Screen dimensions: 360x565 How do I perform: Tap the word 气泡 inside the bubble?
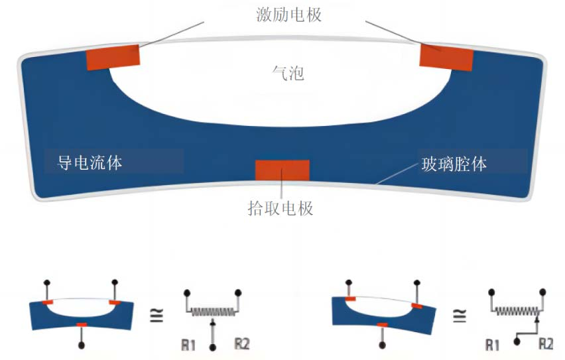tap(288, 73)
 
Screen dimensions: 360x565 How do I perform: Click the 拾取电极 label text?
tap(280, 208)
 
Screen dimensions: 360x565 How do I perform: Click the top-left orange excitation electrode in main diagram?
tap(113, 57)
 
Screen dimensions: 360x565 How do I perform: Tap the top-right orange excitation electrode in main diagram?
tap(446, 57)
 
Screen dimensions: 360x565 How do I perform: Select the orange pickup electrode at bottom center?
tap(282, 170)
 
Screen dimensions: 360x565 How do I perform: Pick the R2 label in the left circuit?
tap(242, 344)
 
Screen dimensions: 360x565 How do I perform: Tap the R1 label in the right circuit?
tap(492, 345)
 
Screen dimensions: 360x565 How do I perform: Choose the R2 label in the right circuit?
tap(546, 344)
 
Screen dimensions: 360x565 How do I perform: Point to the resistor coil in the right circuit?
tap(517, 309)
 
